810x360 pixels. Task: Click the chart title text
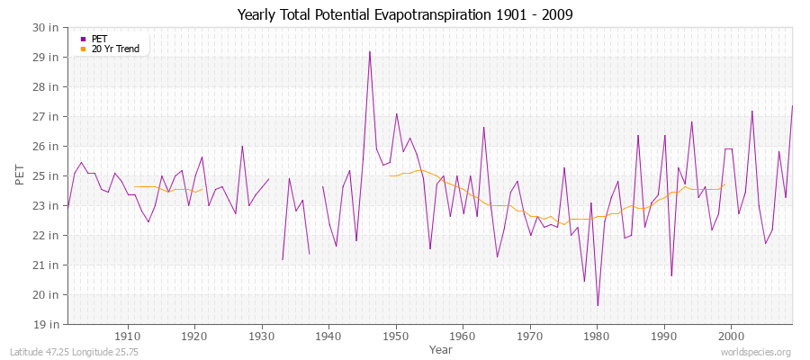click(405, 14)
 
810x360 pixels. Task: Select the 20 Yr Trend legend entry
click(114, 49)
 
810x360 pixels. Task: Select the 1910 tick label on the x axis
click(127, 335)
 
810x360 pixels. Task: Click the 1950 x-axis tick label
click(396, 335)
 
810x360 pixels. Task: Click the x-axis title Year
click(441, 348)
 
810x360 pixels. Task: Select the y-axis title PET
click(21, 175)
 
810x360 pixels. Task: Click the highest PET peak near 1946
click(370, 51)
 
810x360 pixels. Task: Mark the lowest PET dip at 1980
click(598, 306)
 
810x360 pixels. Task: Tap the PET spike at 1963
click(483, 127)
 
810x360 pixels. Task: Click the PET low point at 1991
click(671, 275)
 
